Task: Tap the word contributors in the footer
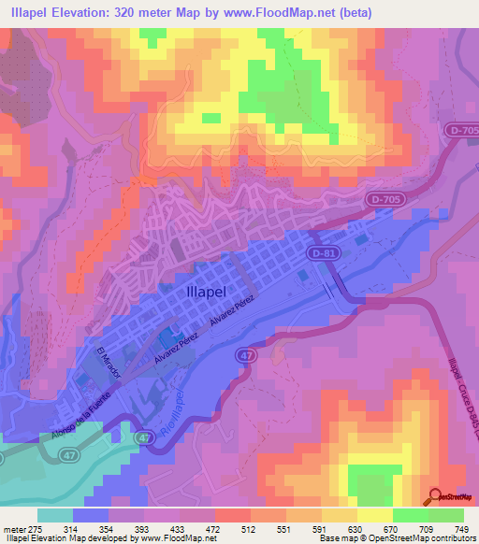tap(453, 538)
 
